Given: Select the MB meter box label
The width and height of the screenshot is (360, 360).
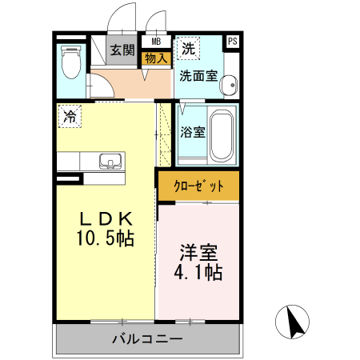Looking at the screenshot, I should point(155,41).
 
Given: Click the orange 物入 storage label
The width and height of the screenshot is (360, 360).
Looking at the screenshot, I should point(155,58).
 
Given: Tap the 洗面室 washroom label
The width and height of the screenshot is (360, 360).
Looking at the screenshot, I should point(197,77).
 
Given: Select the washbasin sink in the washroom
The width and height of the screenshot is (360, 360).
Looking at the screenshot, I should point(230,83).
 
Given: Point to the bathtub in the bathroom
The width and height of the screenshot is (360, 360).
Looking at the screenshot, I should point(222,134).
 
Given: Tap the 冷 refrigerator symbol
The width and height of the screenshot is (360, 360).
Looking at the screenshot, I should point(70,116).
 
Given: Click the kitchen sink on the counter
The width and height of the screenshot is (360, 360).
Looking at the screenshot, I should point(110,160).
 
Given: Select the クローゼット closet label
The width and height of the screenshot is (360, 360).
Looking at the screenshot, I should point(198,186).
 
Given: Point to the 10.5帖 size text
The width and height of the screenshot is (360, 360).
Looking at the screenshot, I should point(105,238).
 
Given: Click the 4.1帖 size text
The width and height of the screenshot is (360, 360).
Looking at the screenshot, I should point(198,272).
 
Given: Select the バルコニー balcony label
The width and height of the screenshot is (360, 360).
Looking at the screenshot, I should point(147,339).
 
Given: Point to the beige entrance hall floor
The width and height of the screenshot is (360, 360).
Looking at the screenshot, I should point(128,82).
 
